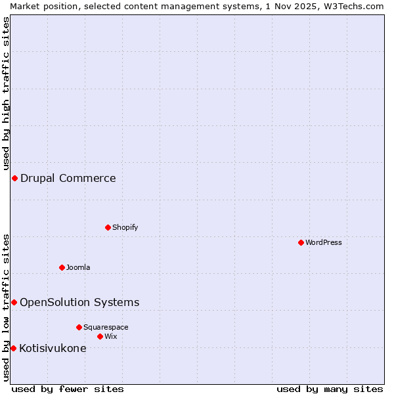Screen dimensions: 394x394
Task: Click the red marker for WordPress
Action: pos(301,242)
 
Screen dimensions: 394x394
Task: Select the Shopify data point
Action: pos(108,227)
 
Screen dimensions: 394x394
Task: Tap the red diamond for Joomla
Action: pos(62,267)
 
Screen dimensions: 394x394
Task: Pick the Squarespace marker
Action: pos(79,327)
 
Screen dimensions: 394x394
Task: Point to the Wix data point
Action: pos(100,336)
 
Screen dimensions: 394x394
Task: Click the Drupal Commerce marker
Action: pos(14,178)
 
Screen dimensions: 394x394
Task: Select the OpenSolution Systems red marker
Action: pos(14,302)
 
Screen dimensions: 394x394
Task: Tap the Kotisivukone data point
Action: pos(13,348)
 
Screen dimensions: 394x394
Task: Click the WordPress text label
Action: pos(324,242)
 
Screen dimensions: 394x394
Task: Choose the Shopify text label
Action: pos(125,227)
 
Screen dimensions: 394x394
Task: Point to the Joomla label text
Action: pos(78,267)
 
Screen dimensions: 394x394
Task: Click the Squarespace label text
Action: pos(106,327)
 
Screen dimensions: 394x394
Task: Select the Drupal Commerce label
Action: pos(68,178)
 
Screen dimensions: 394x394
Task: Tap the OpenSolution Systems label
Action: pos(79,302)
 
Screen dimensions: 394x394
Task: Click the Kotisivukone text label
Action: pos(53,348)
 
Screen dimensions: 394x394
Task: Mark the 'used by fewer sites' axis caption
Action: pos(68,389)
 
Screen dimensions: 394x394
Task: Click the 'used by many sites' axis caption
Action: pos(330,389)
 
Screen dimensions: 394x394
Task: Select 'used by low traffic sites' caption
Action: pos(6,307)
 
